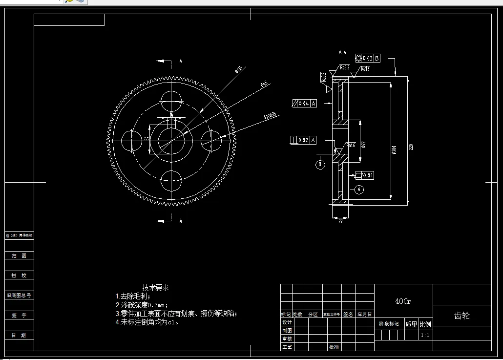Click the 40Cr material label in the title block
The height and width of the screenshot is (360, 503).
pyautogui.click(x=403, y=301)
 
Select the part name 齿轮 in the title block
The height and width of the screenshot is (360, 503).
pyautogui.click(x=461, y=316)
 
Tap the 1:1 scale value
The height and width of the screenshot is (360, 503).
pyautogui.click(x=425, y=336)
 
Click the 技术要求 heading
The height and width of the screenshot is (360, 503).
pyautogui.click(x=156, y=288)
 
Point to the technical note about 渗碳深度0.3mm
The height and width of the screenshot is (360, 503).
pyautogui.click(x=142, y=305)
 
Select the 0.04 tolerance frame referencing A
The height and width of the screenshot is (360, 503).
pyautogui.click(x=304, y=103)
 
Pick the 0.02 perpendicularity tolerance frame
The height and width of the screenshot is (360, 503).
pyautogui.click(x=303, y=140)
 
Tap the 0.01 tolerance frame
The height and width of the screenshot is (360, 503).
pyautogui.click(x=365, y=175)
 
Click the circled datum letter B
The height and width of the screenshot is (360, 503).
pyautogui.click(x=320, y=165)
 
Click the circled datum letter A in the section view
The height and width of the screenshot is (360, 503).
pyautogui.click(x=359, y=190)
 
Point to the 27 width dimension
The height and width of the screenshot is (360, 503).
pyautogui.click(x=340, y=221)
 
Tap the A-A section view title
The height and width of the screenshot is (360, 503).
pyautogui.click(x=342, y=51)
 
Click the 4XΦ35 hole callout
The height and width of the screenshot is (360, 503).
pyautogui.click(x=270, y=116)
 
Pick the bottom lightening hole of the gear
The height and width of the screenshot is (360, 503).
pyautogui.click(x=172, y=180)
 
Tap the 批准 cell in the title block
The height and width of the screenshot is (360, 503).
pyautogui.click(x=334, y=347)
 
